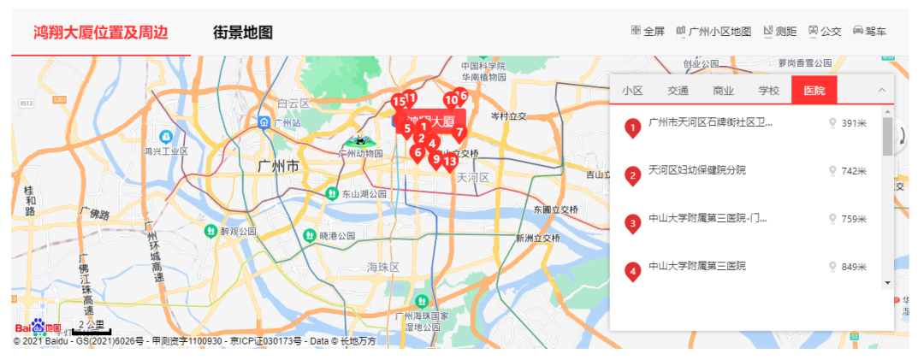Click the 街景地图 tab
coord(242,32)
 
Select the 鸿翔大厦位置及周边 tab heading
coord(100,32)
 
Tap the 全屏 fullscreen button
coord(648,32)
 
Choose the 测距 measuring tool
coord(779,32)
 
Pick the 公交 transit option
coord(825,32)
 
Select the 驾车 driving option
coord(869,32)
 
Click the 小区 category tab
coord(632,91)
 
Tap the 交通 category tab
coord(678,91)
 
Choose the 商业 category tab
coord(723,91)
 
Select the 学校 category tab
coord(768,91)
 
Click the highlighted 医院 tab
coord(814,91)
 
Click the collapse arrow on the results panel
coord(881,90)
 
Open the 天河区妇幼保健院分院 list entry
coord(696,170)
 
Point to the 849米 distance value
coord(854,268)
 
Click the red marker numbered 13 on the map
coord(449,160)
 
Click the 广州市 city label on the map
coord(279,166)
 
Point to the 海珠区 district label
coord(382,268)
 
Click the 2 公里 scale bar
coord(90,327)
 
